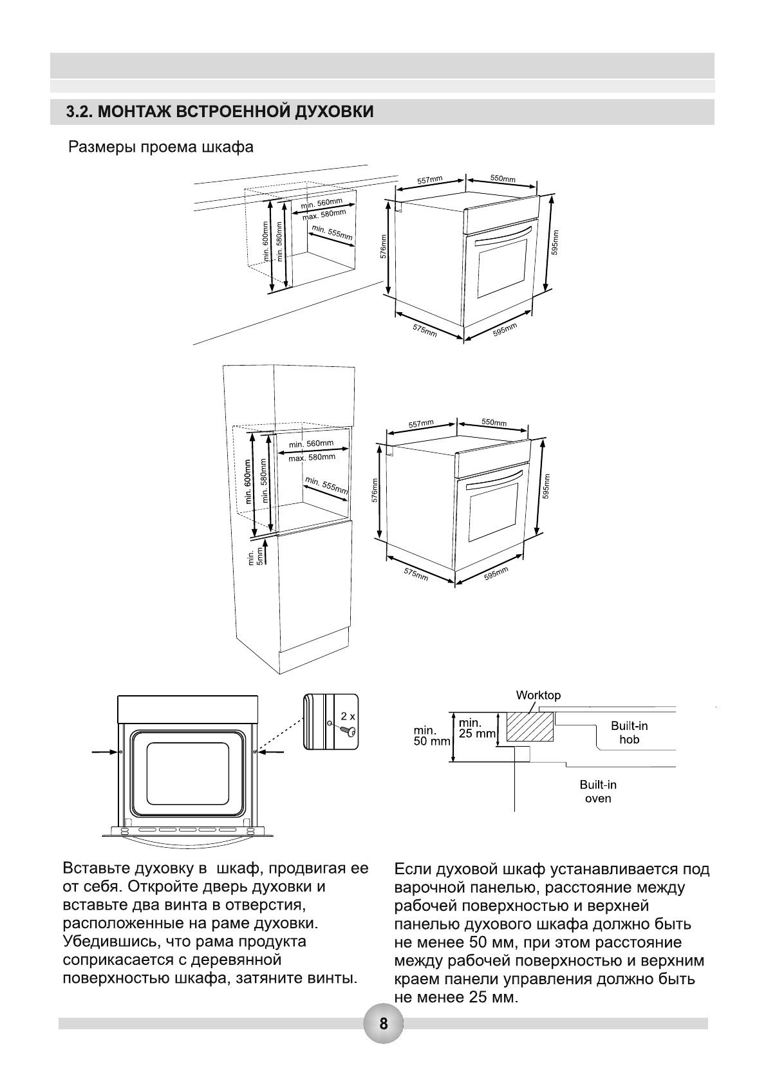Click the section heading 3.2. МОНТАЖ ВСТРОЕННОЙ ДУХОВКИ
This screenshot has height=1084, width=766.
pos(220,112)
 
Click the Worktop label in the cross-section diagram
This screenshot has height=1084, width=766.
pos(538,695)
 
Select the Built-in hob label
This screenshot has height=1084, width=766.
pos(629,733)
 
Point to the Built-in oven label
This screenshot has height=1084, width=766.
pos(598,792)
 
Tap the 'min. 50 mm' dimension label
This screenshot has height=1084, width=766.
pos(432,736)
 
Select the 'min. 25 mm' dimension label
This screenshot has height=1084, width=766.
pos(477,728)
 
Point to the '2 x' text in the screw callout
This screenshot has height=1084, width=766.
pos(348,715)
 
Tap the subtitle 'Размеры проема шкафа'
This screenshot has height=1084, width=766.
pos(161,147)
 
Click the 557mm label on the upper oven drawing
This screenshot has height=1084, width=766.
pos(429,180)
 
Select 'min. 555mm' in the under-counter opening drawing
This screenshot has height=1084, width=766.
pos(332,233)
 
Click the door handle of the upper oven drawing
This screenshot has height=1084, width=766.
pos(505,235)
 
